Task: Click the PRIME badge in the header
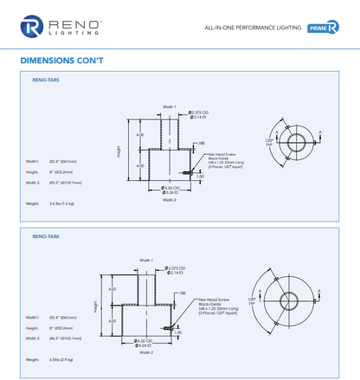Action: [x=323, y=28]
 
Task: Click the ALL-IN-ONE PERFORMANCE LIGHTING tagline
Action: [x=252, y=28]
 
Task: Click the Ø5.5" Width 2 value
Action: [x=65, y=183]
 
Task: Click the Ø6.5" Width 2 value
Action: [x=65, y=338]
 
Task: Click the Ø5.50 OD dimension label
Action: [x=170, y=187]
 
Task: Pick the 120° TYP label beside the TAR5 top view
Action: [x=268, y=141]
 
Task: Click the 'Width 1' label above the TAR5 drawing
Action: [x=170, y=106]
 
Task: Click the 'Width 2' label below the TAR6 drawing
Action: [x=145, y=352]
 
